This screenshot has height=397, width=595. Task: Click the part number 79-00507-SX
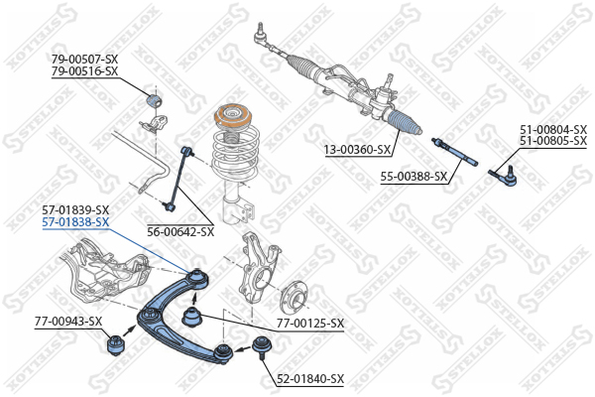coord(84,60)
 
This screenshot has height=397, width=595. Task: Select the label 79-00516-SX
coord(84,71)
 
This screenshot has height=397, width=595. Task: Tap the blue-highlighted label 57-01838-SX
coord(75,222)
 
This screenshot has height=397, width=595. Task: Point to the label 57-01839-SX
coord(75,210)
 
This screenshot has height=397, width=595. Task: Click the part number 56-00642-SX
coord(180,231)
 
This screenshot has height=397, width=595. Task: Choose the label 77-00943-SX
coord(68,322)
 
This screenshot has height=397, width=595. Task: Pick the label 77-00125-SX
coord(310,324)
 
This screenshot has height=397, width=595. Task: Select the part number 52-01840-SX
coord(310,379)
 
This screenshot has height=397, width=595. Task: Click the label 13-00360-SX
coord(357,150)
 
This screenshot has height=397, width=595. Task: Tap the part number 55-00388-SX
coord(415,177)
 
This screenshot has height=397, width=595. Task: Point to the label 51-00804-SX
coord(553,129)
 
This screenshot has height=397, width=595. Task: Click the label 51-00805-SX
coord(553,141)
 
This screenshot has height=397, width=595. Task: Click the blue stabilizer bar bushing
coord(154,99)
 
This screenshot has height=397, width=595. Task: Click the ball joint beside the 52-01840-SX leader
coord(262,346)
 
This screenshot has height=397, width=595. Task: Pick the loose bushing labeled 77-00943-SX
coord(114,344)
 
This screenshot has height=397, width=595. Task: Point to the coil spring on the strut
coord(236,156)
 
